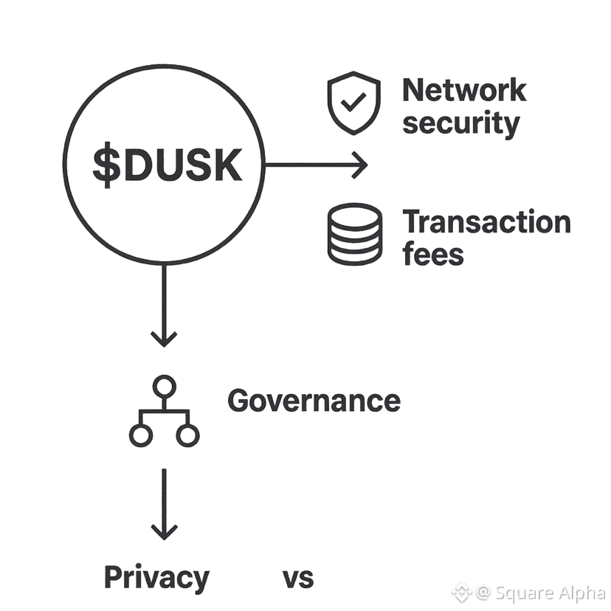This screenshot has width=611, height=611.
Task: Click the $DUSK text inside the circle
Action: tap(167, 166)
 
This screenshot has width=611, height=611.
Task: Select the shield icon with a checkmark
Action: tap(354, 104)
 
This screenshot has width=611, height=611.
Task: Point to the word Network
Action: tap(464, 91)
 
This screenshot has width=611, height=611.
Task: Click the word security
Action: tap(460, 123)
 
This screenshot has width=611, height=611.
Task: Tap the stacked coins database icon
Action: tap(355, 235)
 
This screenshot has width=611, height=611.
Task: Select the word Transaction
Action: tap(486, 222)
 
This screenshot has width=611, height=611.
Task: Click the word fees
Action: tap(433, 254)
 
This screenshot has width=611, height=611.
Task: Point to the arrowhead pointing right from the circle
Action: tap(360, 165)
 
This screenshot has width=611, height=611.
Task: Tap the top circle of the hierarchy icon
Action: tap(164, 385)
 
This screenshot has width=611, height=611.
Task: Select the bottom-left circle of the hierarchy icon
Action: tap(140, 435)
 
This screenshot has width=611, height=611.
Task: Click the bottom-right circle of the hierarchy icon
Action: tap(187, 435)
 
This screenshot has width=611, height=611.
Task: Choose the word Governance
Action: tap(314, 401)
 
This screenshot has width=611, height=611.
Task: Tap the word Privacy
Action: tap(156, 577)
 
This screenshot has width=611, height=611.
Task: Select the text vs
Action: tap(298, 578)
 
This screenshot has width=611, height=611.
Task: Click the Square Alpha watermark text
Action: tap(550, 592)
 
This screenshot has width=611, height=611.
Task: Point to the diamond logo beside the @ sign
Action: tap(462, 591)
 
